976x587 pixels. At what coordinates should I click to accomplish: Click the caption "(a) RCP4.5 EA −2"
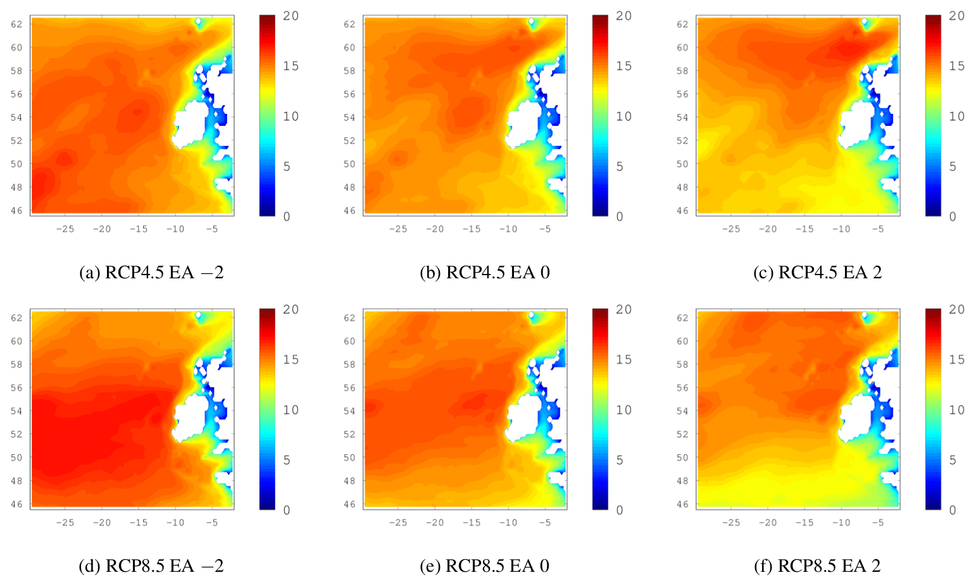[x=151, y=273]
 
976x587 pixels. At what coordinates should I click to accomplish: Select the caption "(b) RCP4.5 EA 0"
[x=485, y=273]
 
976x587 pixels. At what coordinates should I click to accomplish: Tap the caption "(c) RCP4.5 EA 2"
[x=817, y=273]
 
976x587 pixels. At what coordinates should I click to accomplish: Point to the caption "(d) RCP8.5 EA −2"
[x=151, y=566]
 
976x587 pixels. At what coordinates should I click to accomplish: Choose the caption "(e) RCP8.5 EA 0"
[x=485, y=566]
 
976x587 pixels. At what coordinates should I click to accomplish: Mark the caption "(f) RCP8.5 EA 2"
[x=817, y=566]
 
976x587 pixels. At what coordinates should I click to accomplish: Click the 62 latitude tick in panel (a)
[x=17, y=24]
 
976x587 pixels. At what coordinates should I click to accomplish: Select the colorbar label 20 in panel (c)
[x=956, y=16]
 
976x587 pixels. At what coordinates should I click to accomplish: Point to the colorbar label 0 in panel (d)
[x=287, y=510]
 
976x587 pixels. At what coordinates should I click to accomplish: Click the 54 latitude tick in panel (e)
[x=349, y=411]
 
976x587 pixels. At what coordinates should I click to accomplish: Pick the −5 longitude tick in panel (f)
[x=877, y=522]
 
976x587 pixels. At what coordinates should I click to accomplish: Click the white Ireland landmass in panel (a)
[x=190, y=127]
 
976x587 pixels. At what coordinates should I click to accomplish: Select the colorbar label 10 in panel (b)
[x=623, y=116]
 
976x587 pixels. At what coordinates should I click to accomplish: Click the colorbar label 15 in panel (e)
[x=623, y=360]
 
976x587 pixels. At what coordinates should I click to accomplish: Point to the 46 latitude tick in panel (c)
[x=682, y=211]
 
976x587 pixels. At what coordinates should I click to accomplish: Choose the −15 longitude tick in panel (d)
[x=139, y=522]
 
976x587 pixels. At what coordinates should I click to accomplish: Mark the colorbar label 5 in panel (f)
[x=953, y=460]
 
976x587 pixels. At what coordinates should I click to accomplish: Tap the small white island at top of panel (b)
[x=531, y=22]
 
